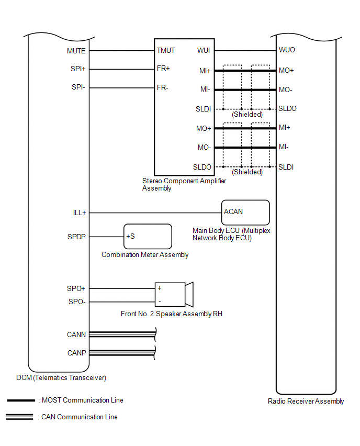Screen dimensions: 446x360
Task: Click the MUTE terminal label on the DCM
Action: coord(76,51)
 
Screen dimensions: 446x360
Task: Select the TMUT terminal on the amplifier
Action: coord(166,51)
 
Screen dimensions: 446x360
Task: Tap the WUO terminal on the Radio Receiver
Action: coord(287,51)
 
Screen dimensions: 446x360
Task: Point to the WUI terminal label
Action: coord(205,51)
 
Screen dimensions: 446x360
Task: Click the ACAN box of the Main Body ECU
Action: coord(245,212)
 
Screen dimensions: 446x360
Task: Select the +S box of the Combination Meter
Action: coord(148,237)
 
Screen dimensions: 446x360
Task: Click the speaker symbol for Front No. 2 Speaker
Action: coord(175,295)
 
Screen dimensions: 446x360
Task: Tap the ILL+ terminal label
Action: coord(79,213)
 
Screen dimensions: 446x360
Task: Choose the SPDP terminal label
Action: coord(76,237)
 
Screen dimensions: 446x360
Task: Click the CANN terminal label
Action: coord(76,334)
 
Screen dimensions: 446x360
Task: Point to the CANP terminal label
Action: coord(76,353)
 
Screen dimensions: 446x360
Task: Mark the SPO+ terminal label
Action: coord(76,288)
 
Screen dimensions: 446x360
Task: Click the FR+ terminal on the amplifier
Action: coord(163,69)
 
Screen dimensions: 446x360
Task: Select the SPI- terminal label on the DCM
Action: coord(78,87)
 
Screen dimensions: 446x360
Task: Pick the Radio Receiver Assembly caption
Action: coord(306,402)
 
